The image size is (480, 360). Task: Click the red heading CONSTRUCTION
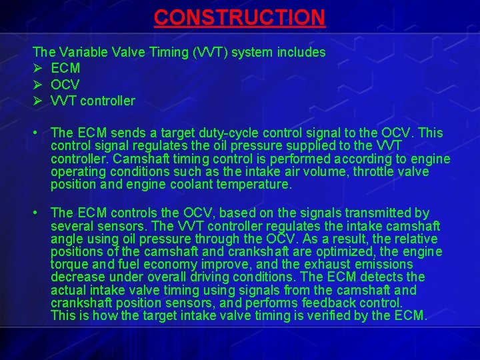pos(239,17)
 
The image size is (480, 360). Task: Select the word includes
pos(303,52)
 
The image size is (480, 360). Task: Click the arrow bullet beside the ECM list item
pos(37,69)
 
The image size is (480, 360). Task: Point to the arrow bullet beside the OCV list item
pos(37,85)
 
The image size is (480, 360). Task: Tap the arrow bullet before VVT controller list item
pos(37,101)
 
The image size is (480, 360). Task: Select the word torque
pos(70,265)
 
